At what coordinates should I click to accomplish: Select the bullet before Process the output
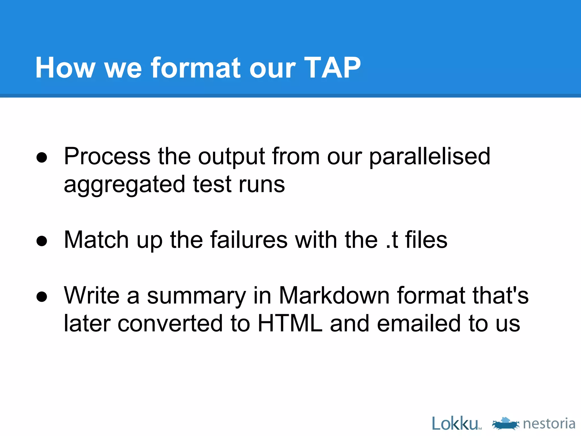(42, 157)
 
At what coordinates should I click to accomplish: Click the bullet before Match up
(42, 241)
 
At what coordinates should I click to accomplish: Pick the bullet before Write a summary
(42, 297)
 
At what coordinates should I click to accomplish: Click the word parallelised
(430, 157)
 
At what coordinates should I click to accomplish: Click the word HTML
(290, 324)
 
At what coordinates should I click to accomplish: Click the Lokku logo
(455, 424)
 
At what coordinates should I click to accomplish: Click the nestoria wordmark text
(549, 424)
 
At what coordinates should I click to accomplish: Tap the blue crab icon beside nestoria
(506, 424)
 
